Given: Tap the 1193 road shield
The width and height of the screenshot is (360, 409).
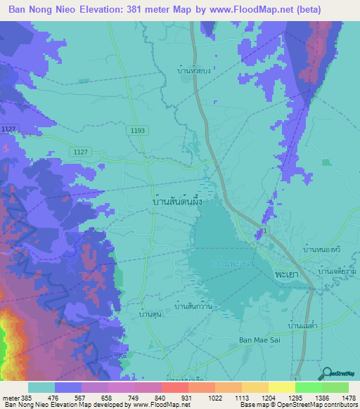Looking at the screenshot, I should click(x=137, y=131).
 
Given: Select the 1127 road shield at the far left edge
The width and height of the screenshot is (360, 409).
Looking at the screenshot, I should click(x=8, y=129).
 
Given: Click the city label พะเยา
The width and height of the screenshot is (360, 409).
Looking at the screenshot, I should click(x=285, y=270).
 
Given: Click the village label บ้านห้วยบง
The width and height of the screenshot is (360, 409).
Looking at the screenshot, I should click(x=194, y=70).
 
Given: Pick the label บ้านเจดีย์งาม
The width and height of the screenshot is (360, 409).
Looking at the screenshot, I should click(x=336, y=271).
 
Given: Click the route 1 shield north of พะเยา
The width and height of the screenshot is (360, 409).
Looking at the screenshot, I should click(x=266, y=231).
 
